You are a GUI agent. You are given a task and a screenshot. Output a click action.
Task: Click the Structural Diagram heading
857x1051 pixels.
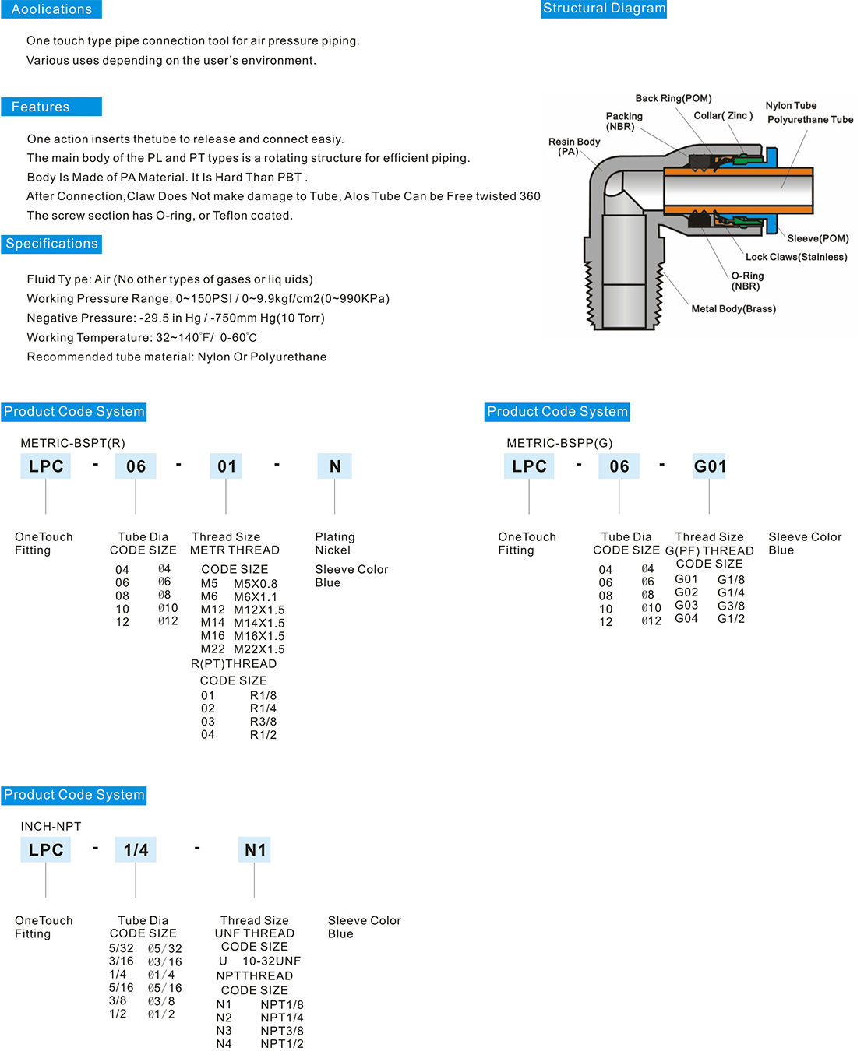pyautogui.click(x=604, y=9)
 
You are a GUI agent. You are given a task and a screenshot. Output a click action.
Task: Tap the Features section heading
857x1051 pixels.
pyautogui.click(x=41, y=107)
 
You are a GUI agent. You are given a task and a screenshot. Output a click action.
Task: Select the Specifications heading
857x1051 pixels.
pyautogui.click(x=51, y=244)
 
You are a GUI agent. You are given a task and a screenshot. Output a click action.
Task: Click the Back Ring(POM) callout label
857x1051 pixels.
pyautogui.click(x=673, y=98)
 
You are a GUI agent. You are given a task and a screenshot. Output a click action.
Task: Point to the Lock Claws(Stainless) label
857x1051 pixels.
pyautogui.click(x=795, y=257)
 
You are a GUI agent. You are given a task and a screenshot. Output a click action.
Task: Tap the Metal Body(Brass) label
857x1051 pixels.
pyautogui.click(x=733, y=309)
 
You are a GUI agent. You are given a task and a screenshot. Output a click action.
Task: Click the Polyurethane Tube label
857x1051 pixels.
pyautogui.click(x=809, y=120)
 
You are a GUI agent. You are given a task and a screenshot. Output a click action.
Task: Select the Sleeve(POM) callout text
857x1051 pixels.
pyautogui.click(x=817, y=238)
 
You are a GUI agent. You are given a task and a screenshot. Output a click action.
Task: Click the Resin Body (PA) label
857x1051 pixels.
pyautogui.click(x=573, y=146)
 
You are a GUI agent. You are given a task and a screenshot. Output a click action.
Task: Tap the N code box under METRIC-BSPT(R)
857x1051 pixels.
pyautogui.click(x=335, y=466)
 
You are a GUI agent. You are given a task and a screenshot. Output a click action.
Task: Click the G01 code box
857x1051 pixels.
pyautogui.click(x=710, y=466)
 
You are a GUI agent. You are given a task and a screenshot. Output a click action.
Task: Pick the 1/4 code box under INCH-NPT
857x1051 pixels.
pyautogui.click(x=136, y=850)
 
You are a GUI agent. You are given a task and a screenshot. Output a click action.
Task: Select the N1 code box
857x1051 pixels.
pyautogui.click(x=255, y=850)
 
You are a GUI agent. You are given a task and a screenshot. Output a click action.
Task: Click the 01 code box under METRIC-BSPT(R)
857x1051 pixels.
pyautogui.click(x=227, y=466)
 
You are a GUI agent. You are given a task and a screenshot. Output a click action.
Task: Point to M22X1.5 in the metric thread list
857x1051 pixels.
pyautogui.click(x=259, y=649)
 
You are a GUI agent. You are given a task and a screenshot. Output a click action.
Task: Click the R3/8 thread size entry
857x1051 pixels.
pyautogui.click(x=263, y=722)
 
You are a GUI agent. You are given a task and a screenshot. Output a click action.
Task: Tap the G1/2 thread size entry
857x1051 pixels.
pyautogui.click(x=731, y=619)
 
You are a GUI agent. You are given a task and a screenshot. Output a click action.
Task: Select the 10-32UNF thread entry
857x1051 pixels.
pyautogui.click(x=271, y=961)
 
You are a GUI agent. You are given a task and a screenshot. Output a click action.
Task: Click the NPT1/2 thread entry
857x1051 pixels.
pyautogui.click(x=282, y=1044)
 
